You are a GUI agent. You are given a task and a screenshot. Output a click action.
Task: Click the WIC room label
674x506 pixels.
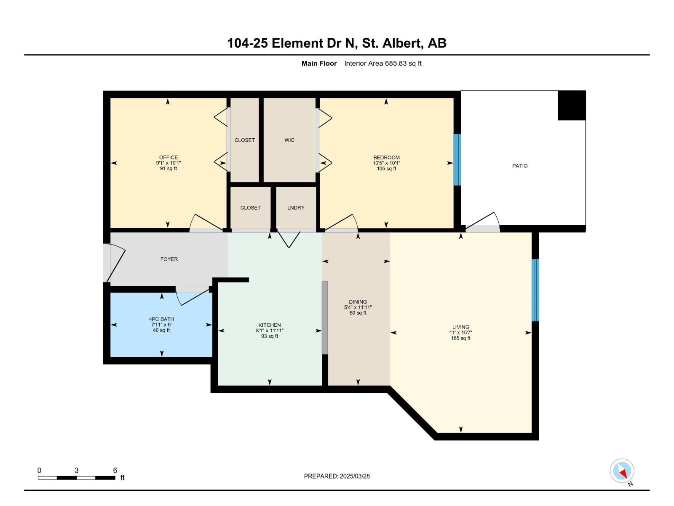tap(289, 140)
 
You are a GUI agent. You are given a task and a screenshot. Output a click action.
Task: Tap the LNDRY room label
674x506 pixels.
tap(296, 207)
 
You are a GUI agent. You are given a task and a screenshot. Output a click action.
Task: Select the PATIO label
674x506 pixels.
tap(519, 166)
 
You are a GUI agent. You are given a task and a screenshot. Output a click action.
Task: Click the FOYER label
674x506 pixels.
tap(169, 259)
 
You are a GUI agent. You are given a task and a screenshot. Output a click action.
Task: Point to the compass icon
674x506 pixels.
tap(622, 471)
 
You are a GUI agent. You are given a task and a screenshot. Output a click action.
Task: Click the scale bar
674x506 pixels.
tap(76, 478)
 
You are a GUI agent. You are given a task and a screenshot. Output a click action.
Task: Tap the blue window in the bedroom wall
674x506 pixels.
tap(457, 160)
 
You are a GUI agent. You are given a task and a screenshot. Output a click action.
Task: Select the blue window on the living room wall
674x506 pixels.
tap(535, 290)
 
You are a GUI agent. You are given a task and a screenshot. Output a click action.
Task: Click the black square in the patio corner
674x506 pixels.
tap(572, 105)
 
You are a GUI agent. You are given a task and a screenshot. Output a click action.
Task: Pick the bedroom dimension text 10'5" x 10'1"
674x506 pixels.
tap(386, 163)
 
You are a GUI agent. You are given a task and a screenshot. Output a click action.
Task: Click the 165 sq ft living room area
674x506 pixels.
tap(460, 338)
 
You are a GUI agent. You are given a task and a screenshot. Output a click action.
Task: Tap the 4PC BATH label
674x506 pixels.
tap(161, 319)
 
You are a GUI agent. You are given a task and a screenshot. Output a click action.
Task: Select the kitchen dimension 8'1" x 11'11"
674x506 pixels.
tap(270, 331)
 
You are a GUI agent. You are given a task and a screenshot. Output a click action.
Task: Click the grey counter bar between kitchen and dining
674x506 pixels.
tap(325, 318)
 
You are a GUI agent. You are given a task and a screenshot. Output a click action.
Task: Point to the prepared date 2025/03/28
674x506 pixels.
tap(337, 476)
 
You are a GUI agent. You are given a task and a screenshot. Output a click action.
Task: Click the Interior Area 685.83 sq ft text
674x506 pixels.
tap(382, 63)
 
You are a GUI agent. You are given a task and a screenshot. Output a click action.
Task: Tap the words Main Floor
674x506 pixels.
tap(319, 63)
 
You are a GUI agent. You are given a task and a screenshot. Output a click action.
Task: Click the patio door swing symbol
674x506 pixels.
tap(484, 221)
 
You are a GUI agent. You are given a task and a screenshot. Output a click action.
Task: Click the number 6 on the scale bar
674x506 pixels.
tap(115, 470)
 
